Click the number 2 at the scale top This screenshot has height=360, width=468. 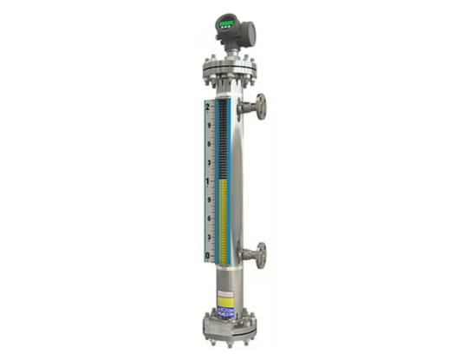[208, 107]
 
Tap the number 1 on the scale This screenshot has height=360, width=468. [208, 181]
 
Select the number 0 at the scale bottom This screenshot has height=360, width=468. [208, 256]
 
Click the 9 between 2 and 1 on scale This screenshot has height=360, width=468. [208, 126]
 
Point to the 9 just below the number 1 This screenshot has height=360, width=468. [208, 200]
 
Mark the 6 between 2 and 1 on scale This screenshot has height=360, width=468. [208, 144]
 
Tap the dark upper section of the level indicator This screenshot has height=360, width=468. [224, 139]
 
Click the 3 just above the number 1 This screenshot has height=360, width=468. [208, 163]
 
